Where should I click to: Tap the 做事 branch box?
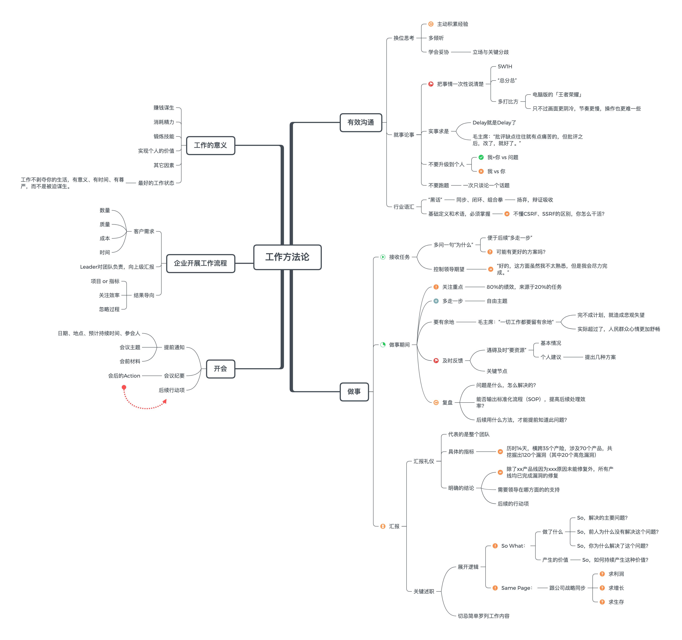tap(354, 391)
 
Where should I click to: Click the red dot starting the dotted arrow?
tap(124, 387)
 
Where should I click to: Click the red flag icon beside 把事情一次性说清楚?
tap(431, 84)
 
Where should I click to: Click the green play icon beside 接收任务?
tap(383, 257)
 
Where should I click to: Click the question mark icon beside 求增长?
tap(602, 588)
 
